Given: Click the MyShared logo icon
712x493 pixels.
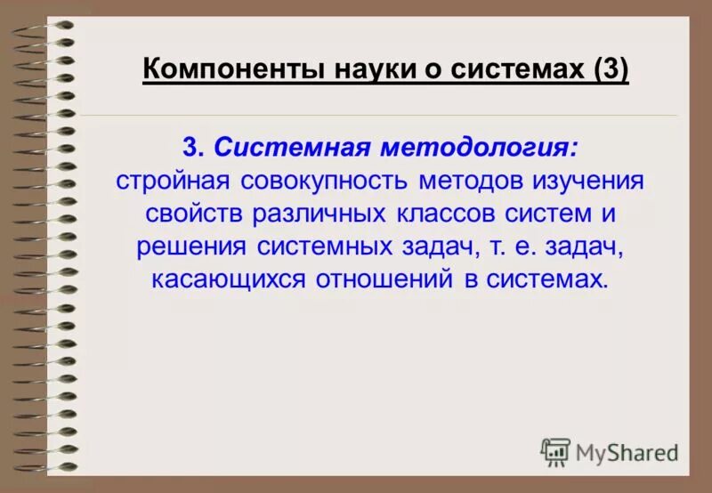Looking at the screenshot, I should (555, 452).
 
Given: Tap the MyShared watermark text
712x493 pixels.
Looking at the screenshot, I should (627, 453).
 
